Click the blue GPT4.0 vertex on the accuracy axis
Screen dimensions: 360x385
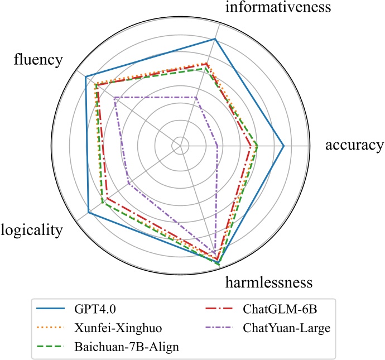[283, 146]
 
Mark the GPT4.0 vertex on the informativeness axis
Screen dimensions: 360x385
[215, 39]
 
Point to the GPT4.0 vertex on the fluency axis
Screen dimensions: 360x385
[85, 77]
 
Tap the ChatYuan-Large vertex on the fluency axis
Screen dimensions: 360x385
[114, 98]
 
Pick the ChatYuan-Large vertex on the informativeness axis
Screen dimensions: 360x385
[196, 97]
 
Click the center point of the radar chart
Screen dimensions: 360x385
[180, 146]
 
